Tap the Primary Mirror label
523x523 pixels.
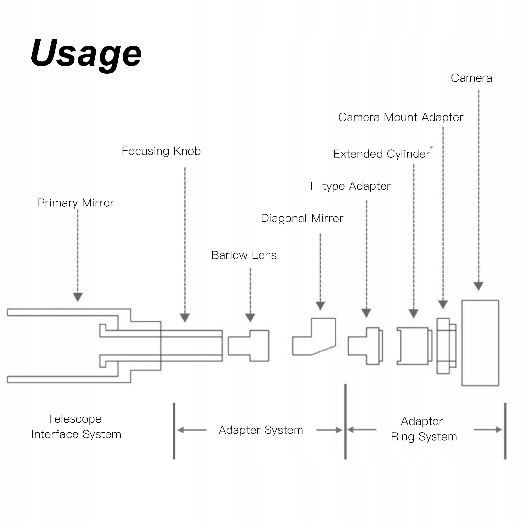click(76, 203)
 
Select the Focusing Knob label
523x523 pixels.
click(161, 151)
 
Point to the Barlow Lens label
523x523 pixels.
click(244, 255)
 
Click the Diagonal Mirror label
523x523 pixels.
click(302, 218)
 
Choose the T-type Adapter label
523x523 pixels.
click(349, 186)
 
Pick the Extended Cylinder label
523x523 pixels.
click(381, 154)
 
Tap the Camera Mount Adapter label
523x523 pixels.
click(400, 117)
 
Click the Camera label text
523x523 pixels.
click(471, 78)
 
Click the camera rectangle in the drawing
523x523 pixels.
click(480, 343)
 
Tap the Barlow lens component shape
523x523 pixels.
click(249, 346)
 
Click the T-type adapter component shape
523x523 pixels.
click(365, 346)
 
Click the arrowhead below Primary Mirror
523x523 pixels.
click(78, 297)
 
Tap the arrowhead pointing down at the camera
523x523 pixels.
click(479, 286)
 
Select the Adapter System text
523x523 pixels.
click(261, 430)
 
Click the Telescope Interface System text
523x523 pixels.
click(76, 426)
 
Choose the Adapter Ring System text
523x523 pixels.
click(424, 429)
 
